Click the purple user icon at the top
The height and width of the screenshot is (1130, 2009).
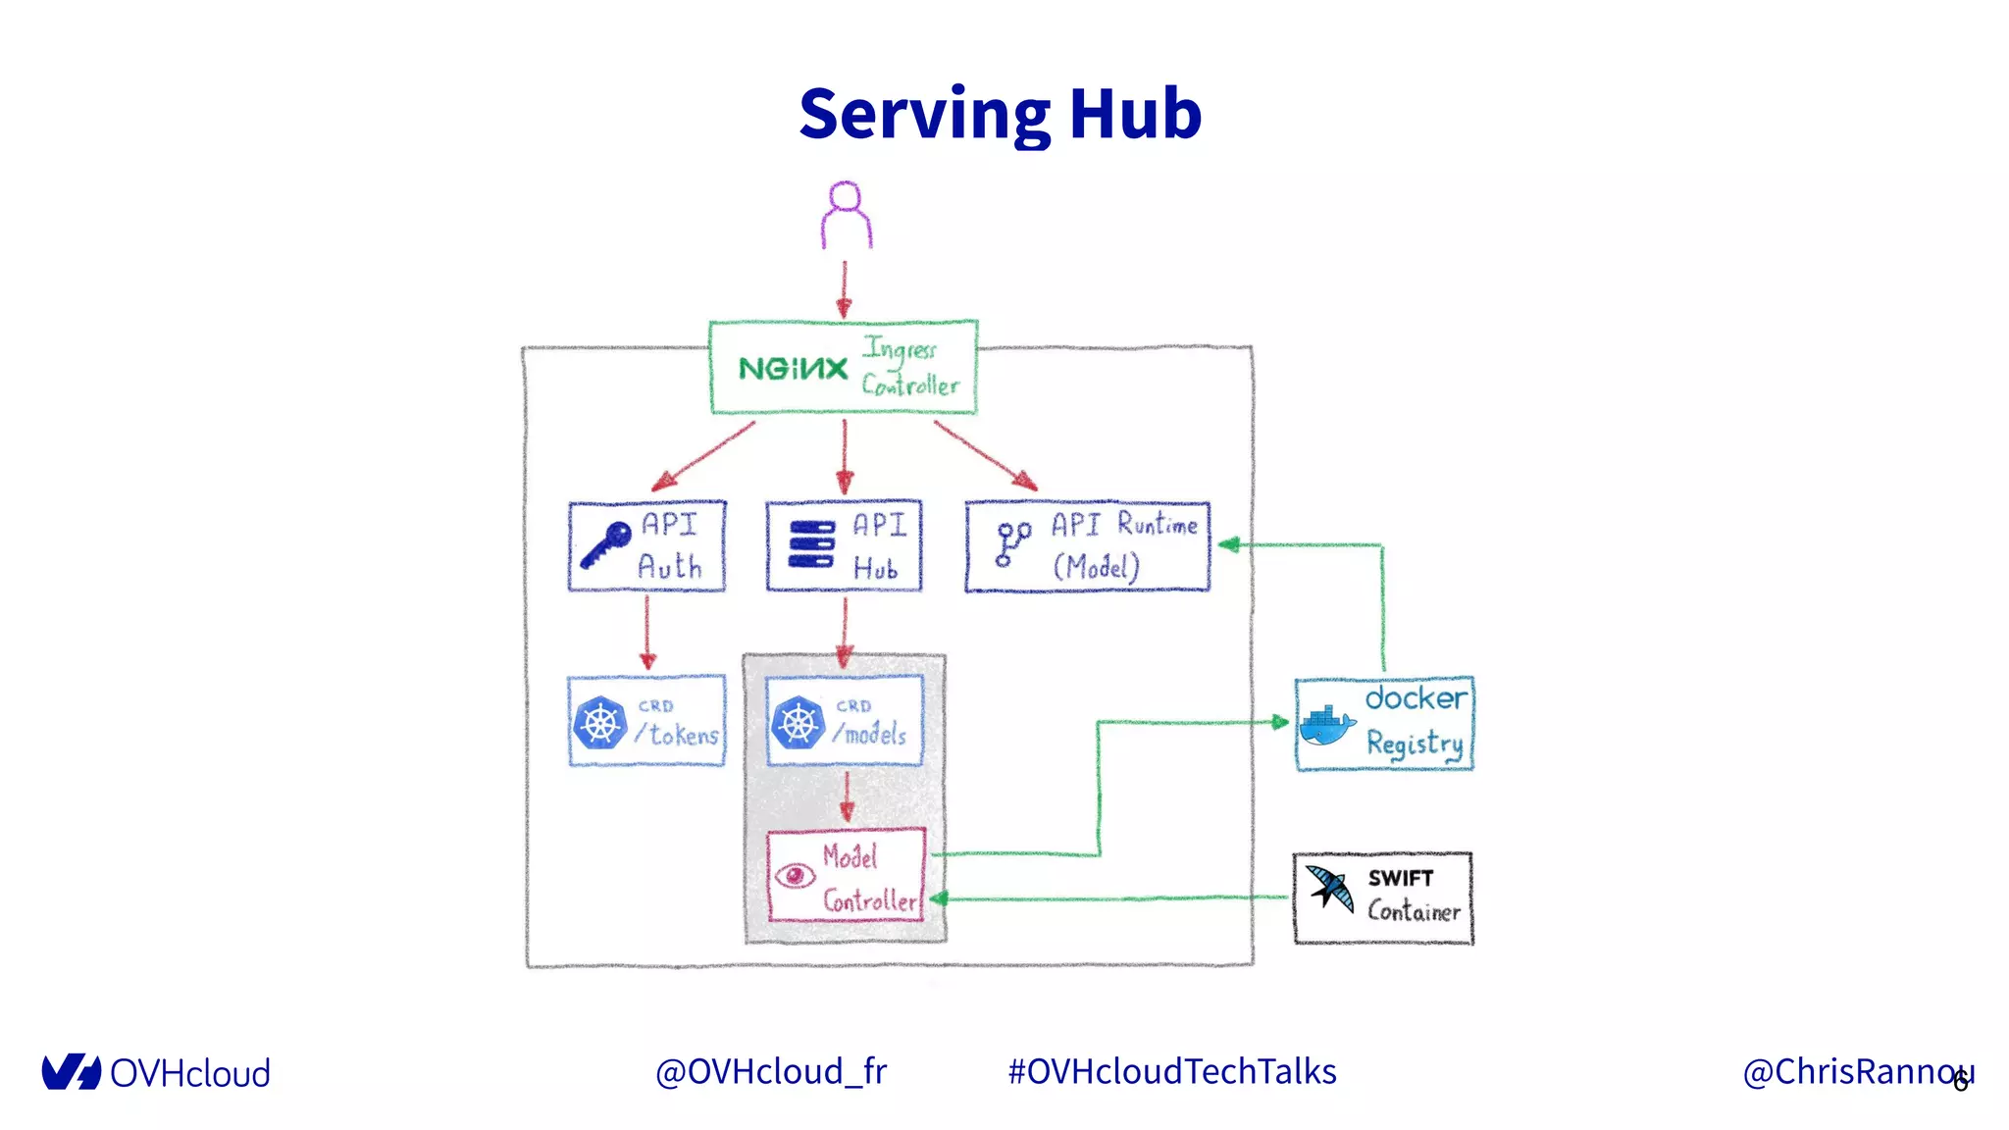point(846,215)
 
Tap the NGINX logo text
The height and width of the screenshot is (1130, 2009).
point(793,369)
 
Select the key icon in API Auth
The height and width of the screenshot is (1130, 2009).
point(604,545)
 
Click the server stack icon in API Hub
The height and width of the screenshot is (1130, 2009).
point(811,544)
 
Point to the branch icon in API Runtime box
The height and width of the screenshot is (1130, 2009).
point(1011,543)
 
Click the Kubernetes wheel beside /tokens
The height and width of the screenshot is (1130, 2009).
point(599,724)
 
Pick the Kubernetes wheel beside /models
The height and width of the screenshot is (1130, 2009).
point(798,724)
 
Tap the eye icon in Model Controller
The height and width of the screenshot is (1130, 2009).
point(795,875)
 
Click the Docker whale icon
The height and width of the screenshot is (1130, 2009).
point(1326,727)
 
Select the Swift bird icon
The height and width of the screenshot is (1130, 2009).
point(1331,888)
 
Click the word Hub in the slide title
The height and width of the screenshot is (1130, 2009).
point(1135,114)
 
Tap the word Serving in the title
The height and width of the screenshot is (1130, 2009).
point(924,116)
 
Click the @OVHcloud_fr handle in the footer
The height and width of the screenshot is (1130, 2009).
point(770,1071)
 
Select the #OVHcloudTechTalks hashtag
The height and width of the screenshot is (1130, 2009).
point(1172,1071)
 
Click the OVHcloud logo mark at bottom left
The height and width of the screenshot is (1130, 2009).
point(71,1072)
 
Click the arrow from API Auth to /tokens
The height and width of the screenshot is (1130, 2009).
point(646,633)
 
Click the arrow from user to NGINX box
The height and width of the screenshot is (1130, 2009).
point(844,289)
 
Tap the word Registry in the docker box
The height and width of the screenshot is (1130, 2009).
point(1414,744)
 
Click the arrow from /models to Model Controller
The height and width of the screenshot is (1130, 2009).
point(847,796)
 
